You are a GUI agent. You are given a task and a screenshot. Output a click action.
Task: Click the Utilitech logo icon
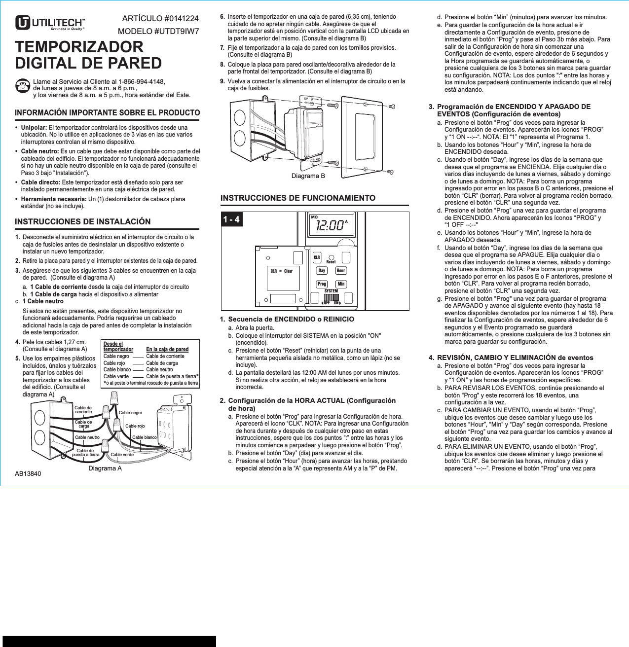[x=23, y=23]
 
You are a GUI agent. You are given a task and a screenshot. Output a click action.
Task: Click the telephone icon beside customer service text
[x=22, y=86]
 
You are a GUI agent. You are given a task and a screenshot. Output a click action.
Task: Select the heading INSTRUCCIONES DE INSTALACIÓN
[x=82, y=222]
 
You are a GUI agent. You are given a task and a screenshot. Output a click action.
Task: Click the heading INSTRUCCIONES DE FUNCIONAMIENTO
[x=297, y=198]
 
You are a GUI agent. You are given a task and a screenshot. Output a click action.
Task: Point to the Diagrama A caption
[x=105, y=468]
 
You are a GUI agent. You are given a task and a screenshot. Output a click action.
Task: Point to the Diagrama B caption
[x=308, y=176]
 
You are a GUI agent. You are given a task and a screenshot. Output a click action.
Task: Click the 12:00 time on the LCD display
[x=330, y=226]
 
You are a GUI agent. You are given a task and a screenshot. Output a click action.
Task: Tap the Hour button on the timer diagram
[x=341, y=271]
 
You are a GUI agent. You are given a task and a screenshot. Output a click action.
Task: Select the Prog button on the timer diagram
[x=322, y=284]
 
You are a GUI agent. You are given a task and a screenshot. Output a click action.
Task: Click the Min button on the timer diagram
[x=341, y=284]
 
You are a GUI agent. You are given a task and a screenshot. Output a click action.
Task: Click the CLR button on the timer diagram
[x=317, y=257]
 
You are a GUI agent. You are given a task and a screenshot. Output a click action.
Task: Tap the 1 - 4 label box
[x=231, y=219]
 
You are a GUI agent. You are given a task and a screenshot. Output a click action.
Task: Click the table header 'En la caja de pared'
[x=167, y=349]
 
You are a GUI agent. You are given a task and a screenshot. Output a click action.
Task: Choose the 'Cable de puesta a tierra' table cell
[x=171, y=376]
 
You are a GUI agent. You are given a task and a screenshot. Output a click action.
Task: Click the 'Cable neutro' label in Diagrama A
[x=87, y=437]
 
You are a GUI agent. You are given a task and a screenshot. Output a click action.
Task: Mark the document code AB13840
[x=28, y=474]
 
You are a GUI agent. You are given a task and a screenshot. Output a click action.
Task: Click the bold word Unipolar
[x=34, y=128]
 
